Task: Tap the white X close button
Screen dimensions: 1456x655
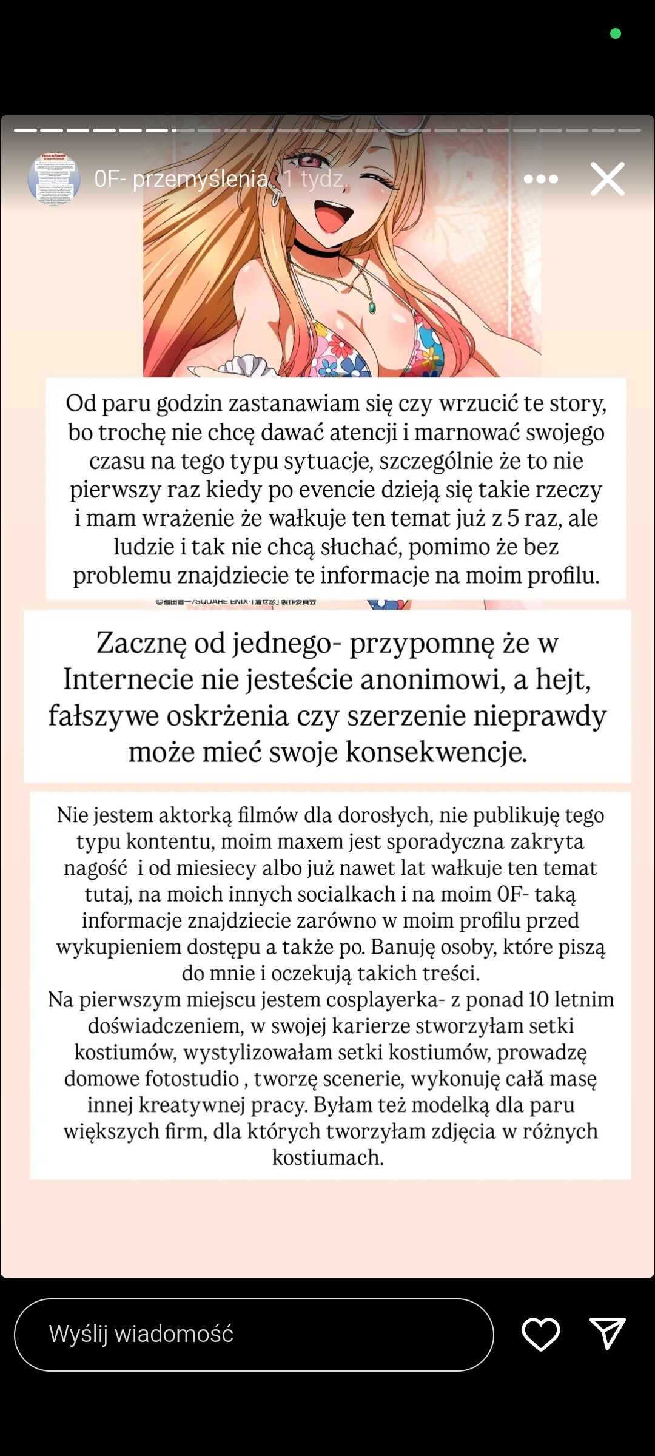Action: pyautogui.click(x=608, y=179)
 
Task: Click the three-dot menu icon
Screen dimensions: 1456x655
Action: pyautogui.click(x=540, y=179)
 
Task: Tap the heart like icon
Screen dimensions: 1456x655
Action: pyautogui.click(x=540, y=1335)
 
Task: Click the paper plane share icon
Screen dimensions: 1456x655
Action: pyautogui.click(x=607, y=1333)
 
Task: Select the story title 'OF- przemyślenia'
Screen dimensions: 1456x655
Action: pyautogui.click(x=181, y=179)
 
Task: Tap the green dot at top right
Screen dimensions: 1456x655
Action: pyautogui.click(x=615, y=33)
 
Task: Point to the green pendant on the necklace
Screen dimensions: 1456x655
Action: pyautogui.click(x=372, y=308)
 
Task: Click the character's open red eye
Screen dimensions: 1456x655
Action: pyautogui.click(x=309, y=161)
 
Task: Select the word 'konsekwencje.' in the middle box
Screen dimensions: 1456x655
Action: pyautogui.click(x=436, y=752)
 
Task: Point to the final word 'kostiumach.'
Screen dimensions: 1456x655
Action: pyautogui.click(x=327, y=1158)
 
